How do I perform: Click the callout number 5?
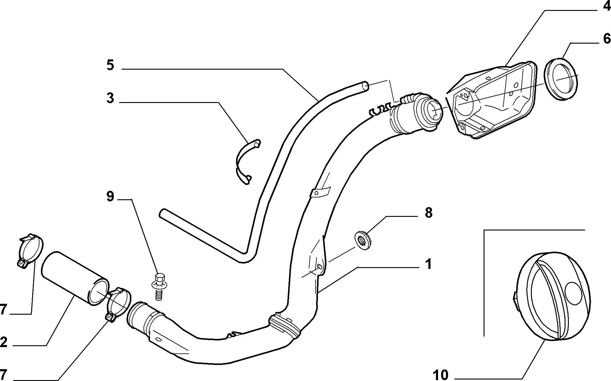(110, 65)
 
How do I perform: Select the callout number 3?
(110, 99)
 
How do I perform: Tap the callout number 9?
(110, 197)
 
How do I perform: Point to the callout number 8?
(428, 213)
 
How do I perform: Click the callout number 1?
(428, 265)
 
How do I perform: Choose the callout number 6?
(606, 39)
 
